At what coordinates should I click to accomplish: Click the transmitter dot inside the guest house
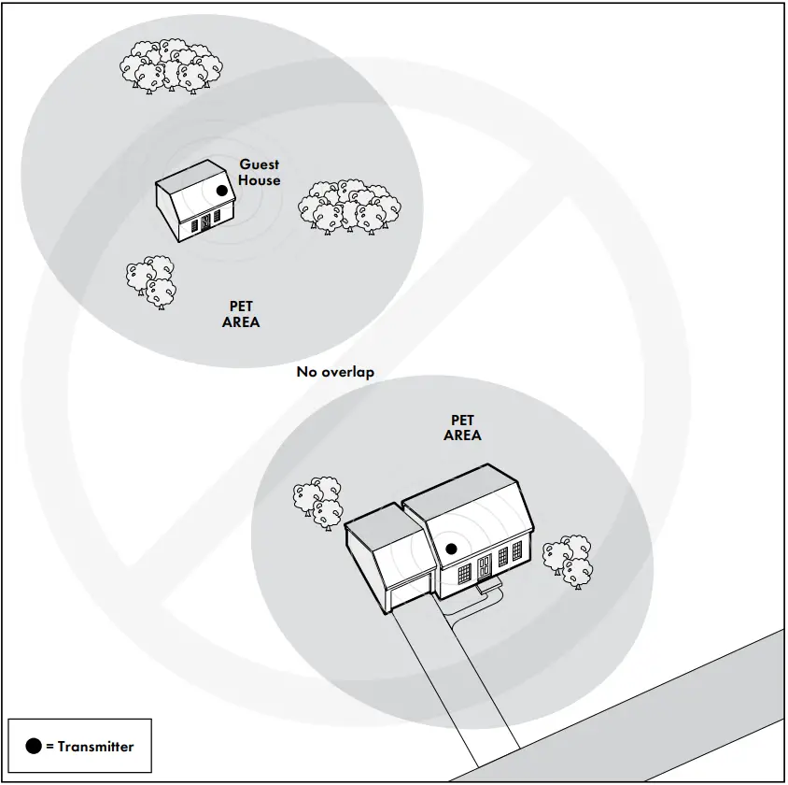[221, 191]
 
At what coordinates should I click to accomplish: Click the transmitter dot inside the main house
[451, 549]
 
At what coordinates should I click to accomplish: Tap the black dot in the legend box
[34, 746]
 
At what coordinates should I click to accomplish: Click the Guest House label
[259, 172]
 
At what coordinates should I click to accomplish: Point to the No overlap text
[335, 372]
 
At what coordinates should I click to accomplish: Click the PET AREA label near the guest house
[241, 314]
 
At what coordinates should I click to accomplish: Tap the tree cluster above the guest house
[172, 65]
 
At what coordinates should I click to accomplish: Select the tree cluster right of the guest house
[349, 206]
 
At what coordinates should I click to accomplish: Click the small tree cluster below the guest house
[151, 283]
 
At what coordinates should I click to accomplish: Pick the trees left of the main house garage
[318, 501]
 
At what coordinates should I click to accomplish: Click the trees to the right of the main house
[568, 560]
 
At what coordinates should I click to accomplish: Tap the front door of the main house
[484, 567]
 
